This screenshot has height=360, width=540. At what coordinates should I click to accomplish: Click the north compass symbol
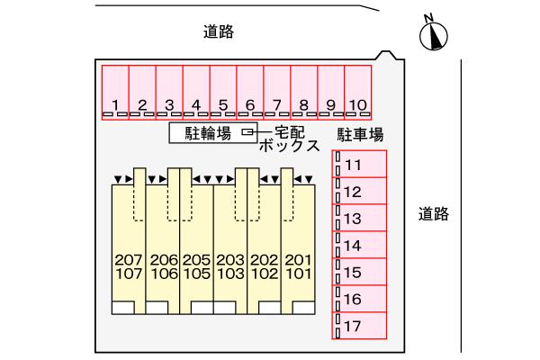click(x=434, y=35)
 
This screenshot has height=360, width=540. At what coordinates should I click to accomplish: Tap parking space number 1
click(x=115, y=93)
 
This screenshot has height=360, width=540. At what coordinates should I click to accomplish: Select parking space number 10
click(x=358, y=93)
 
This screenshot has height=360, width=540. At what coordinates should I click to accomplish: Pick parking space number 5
click(x=223, y=93)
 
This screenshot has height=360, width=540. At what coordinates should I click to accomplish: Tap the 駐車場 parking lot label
click(x=361, y=135)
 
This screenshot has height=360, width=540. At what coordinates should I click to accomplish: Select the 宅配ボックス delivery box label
click(x=288, y=139)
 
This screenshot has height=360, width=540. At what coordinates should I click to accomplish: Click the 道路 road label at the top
click(x=219, y=32)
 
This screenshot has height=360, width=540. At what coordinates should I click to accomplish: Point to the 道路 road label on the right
click(x=434, y=215)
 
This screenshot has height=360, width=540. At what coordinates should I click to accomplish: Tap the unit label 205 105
click(x=196, y=267)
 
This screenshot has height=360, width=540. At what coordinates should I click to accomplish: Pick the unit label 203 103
click(x=229, y=267)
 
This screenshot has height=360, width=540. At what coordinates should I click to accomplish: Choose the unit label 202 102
click(x=264, y=267)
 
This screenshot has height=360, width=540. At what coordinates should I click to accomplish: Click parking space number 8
click(x=304, y=93)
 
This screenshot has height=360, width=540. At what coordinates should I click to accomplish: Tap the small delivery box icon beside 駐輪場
click(x=247, y=132)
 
